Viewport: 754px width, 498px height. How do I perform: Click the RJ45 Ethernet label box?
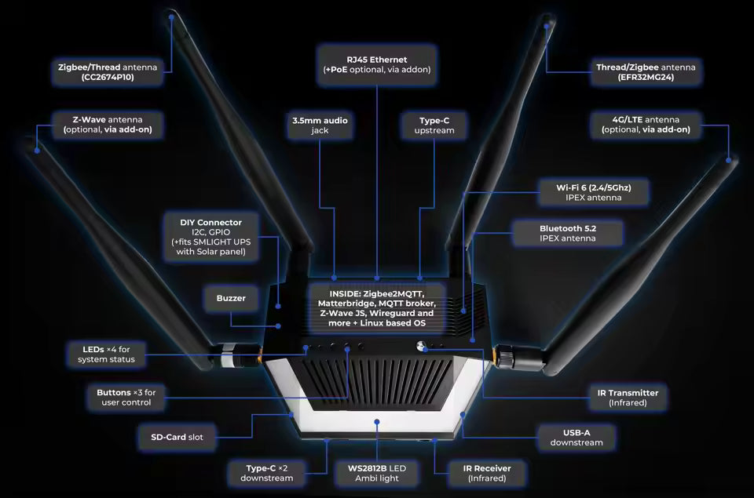tap(377, 64)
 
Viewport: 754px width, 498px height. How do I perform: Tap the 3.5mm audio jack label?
tap(320, 125)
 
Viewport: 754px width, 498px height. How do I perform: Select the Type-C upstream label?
tap(434, 125)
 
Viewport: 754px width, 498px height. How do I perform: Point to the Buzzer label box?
tap(231, 298)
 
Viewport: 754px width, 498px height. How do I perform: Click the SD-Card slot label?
tap(177, 437)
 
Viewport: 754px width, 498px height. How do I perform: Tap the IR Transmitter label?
tap(628, 398)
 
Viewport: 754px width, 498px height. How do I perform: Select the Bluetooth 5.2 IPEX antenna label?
tap(568, 232)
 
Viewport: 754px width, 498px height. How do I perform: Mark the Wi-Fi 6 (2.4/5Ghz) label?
tap(582, 192)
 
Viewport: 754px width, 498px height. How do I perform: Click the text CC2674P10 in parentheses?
tap(108, 78)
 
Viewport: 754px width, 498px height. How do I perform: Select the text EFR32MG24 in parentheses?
tap(646, 78)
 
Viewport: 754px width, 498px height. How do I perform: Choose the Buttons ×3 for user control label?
tap(126, 398)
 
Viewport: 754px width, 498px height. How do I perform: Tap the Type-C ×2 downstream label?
tap(266, 473)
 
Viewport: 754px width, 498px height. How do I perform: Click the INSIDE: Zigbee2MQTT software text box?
tap(376, 307)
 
